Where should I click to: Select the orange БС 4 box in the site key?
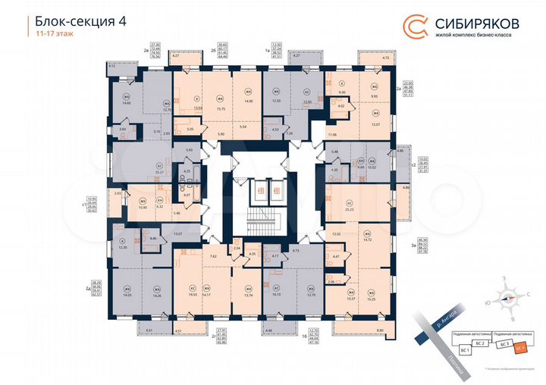521,348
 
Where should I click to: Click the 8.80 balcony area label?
380,330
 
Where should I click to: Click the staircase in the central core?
267,219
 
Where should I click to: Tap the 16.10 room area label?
277,295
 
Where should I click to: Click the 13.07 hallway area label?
179,234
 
